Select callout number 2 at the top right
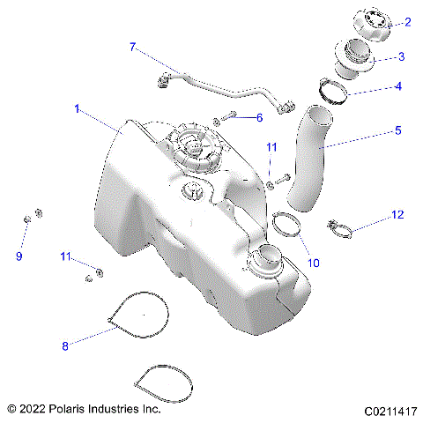[x=407, y=22]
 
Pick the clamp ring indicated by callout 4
[x=336, y=88]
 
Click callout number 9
[x=19, y=256]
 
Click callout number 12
[x=397, y=214]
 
